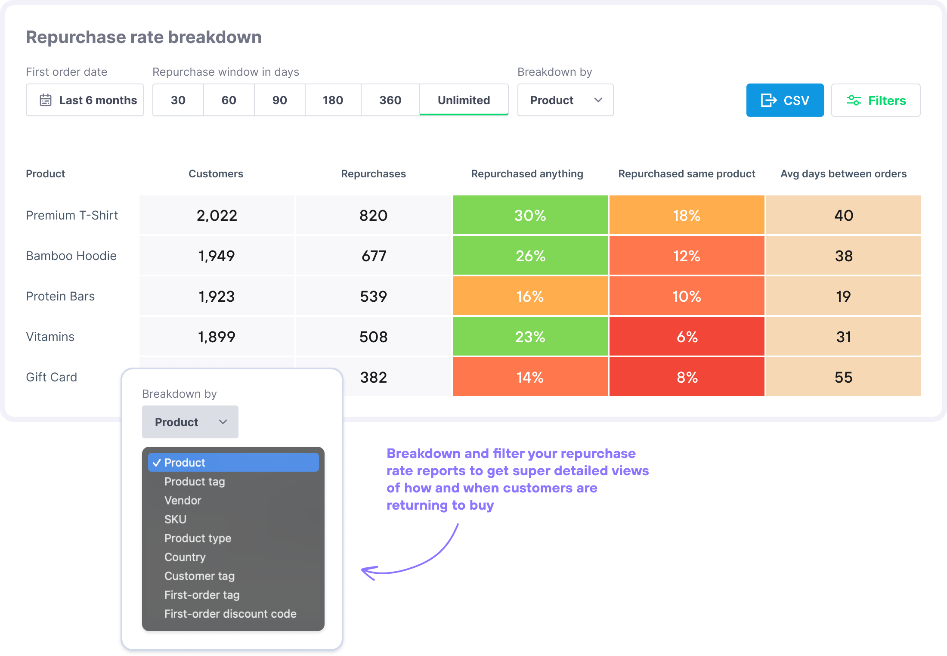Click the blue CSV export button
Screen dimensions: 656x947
pyautogui.click(x=785, y=100)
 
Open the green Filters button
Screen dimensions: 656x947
pyautogui.click(x=876, y=100)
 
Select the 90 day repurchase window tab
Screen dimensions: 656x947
pyautogui.click(x=279, y=100)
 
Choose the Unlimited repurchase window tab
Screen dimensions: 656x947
pyautogui.click(x=464, y=100)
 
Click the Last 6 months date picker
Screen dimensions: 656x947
pyautogui.click(x=85, y=100)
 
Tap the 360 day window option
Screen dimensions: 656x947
pyautogui.click(x=390, y=100)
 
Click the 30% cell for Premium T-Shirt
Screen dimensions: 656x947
pyautogui.click(x=530, y=215)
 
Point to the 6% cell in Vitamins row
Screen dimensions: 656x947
pyautogui.click(x=687, y=337)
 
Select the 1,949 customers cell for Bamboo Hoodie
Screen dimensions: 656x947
pyautogui.click(x=217, y=256)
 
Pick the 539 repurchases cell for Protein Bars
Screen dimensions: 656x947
pyautogui.click(x=373, y=296)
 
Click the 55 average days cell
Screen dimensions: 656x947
pyautogui.click(x=843, y=377)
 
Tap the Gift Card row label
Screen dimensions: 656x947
pyautogui.click(x=52, y=377)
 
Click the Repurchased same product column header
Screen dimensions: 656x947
pyautogui.click(x=687, y=174)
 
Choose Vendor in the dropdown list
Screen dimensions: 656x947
pyautogui.click(x=183, y=500)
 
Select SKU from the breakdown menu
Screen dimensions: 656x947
pyautogui.click(x=176, y=519)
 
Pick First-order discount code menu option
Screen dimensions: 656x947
pyautogui.click(x=230, y=614)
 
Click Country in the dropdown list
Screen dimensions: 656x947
pyautogui.click(x=185, y=557)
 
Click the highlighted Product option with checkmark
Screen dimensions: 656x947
pyautogui.click(x=233, y=462)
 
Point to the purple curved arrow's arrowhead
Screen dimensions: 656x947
pyautogui.click(x=365, y=571)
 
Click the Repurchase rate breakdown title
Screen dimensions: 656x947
pyautogui.click(x=144, y=37)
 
